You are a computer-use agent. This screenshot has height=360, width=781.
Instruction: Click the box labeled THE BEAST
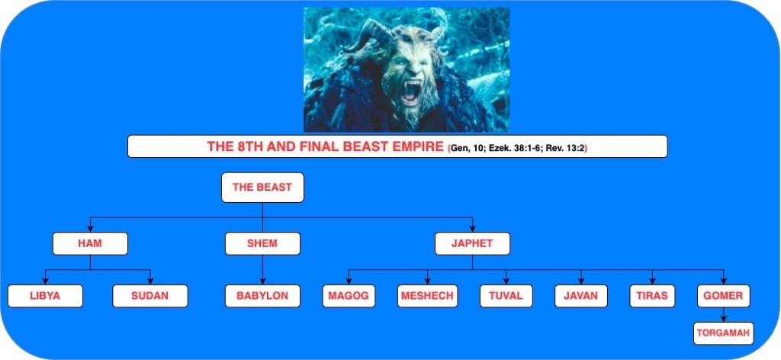tap(262, 187)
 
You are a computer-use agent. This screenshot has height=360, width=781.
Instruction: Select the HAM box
tap(90, 243)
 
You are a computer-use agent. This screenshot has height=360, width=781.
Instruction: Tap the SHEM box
tap(262, 243)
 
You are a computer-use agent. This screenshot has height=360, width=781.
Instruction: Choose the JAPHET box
tap(472, 243)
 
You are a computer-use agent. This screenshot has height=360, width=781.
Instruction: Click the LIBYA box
tap(45, 296)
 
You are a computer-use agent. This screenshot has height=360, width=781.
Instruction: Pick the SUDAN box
tap(150, 296)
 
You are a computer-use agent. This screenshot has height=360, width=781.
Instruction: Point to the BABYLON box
tap(262, 296)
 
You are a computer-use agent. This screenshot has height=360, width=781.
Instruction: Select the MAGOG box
tap(349, 296)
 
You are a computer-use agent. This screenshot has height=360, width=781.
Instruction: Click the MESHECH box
tap(427, 296)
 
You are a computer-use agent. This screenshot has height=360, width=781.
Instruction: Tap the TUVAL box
tap(506, 296)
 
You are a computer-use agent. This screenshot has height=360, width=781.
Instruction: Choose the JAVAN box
tap(580, 296)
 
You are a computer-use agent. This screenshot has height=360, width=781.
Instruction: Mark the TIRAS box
tap(652, 296)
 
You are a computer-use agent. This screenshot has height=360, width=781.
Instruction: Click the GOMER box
tap(723, 296)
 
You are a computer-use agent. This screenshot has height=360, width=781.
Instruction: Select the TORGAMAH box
tap(723, 333)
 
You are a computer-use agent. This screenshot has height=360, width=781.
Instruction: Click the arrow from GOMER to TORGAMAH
tap(723, 315)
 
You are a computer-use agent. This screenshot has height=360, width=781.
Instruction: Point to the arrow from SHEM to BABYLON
tap(262, 269)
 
